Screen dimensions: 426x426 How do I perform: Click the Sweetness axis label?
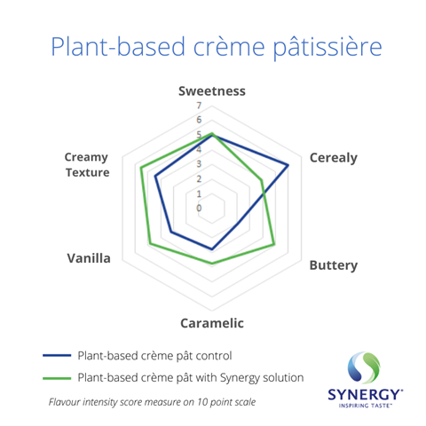pyautogui.click(x=212, y=91)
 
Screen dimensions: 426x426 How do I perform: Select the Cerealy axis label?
pyautogui.click(x=334, y=158)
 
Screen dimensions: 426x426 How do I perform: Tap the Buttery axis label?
pyautogui.click(x=334, y=265)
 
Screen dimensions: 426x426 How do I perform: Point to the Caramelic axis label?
pyautogui.click(x=212, y=323)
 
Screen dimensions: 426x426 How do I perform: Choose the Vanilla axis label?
pyautogui.click(x=89, y=258)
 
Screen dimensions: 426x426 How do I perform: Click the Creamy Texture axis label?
pyautogui.click(x=87, y=165)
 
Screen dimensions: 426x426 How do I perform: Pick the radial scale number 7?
pyautogui.click(x=199, y=106)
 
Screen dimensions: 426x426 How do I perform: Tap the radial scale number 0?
pyautogui.click(x=199, y=208)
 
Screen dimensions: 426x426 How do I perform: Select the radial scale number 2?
pyautogui.click(x=199, y=178)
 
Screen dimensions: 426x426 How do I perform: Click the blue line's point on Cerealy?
pyautogui.click(x=288, y=165)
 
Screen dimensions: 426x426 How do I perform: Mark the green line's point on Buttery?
pyautogui.click(x=274, y=244)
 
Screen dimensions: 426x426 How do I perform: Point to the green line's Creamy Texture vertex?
pyautogui.click(x=141, y=168)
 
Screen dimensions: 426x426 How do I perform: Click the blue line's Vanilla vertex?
pyautogui.click(x=170, y=232)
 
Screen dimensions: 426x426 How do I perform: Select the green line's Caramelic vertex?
pyautogui.click(x=212, y=263)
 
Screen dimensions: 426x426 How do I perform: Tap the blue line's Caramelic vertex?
pyautogui.click(x=212, y=249)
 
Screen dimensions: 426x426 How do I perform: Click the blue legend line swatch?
pyautogui.click(x=57, y=355)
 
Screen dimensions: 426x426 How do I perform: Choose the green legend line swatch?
pyautogui.click(x=57, y=378)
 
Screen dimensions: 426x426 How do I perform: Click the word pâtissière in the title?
pyautogui.click(x=327, y=47)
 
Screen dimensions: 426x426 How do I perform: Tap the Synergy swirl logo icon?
pyautogui.click(x=364, y=367)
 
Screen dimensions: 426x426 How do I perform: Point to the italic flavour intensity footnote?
pyautogui.click(x=152, y=402)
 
